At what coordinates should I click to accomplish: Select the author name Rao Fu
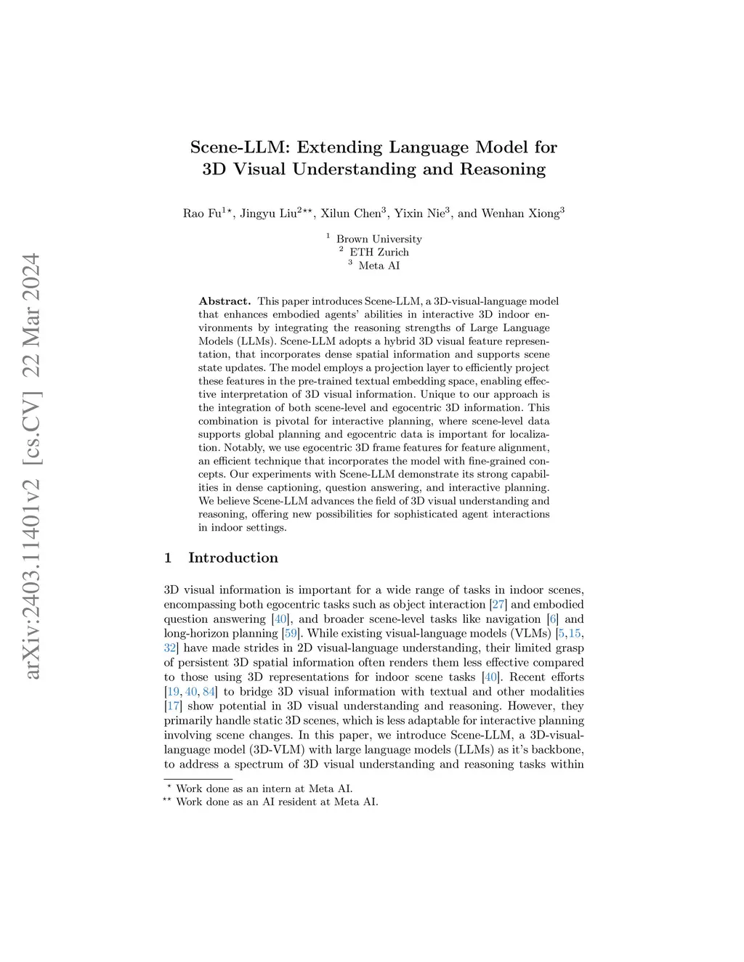tap(202, 213)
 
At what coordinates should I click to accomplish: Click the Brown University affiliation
tap(379, 239)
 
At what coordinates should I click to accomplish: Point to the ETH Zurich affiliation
tap(379, 252)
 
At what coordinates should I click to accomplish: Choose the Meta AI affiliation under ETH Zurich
tap(379, 265)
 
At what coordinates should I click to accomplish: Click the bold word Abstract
tap(225, 301)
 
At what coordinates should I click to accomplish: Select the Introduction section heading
tap(232, 558)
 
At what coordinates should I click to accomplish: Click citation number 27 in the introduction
tap(498, 605)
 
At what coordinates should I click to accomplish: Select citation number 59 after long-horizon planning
tap(291, 634)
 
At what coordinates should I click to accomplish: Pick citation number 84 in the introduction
tap(209, 692)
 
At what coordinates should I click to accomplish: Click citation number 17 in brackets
tap(174, 706)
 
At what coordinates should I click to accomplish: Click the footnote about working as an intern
tap(264, 788)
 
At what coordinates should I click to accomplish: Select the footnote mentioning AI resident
tap(277, 802)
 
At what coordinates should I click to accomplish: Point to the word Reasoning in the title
tap(493, 169)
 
